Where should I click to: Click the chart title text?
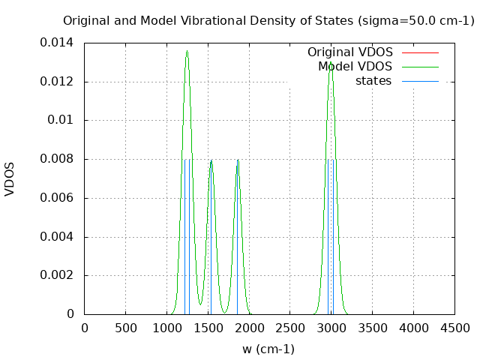pos(268,20)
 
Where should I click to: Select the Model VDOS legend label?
pos(355,67)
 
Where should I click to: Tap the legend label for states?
pos(373,81)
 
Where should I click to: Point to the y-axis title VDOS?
pos(10,178)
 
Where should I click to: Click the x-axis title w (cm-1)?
pos(268,349)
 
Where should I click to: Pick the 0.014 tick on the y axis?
pos(57,43)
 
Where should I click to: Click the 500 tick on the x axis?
pos(125,328)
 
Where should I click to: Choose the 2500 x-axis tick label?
pos(289,328)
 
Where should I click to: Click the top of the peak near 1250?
pos(187,51)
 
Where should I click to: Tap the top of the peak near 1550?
pos(211,160)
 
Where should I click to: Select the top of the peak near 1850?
pos(237,160)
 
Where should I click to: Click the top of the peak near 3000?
pos(331,62)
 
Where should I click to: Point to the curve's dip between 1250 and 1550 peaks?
pos(199,304)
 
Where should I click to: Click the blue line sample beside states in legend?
pos(420,81)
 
